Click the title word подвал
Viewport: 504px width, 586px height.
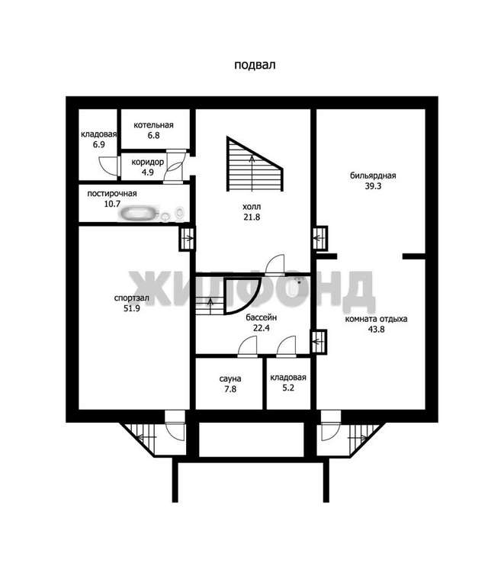(255, 65)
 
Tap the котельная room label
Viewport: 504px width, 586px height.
(153, 125)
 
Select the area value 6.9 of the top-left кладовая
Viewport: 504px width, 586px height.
(99, 144)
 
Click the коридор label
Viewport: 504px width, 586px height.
(147, 163)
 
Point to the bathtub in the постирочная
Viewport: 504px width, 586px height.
(139, 214)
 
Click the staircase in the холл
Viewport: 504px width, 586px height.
(254, 165)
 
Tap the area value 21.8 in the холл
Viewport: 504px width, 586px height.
(252, 217)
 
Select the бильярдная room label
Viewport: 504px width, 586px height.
(373, 175)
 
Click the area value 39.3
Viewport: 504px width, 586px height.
(373, 185)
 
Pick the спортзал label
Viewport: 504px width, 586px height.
(132, 298)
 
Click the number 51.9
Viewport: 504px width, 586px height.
(132, 308)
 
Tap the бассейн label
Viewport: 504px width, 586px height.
(262, 317)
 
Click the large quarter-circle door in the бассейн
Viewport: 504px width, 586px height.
(242, 295)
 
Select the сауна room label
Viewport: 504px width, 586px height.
(230, 378)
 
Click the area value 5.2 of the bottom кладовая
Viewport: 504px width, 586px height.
(288, 388)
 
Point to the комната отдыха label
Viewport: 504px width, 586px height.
(376, 319)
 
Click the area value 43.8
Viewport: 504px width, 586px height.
(376, 330)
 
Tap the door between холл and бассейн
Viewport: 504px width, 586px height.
(274, 265)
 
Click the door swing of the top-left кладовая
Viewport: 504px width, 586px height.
(108, 165)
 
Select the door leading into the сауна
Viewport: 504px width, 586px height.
(248, 347)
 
